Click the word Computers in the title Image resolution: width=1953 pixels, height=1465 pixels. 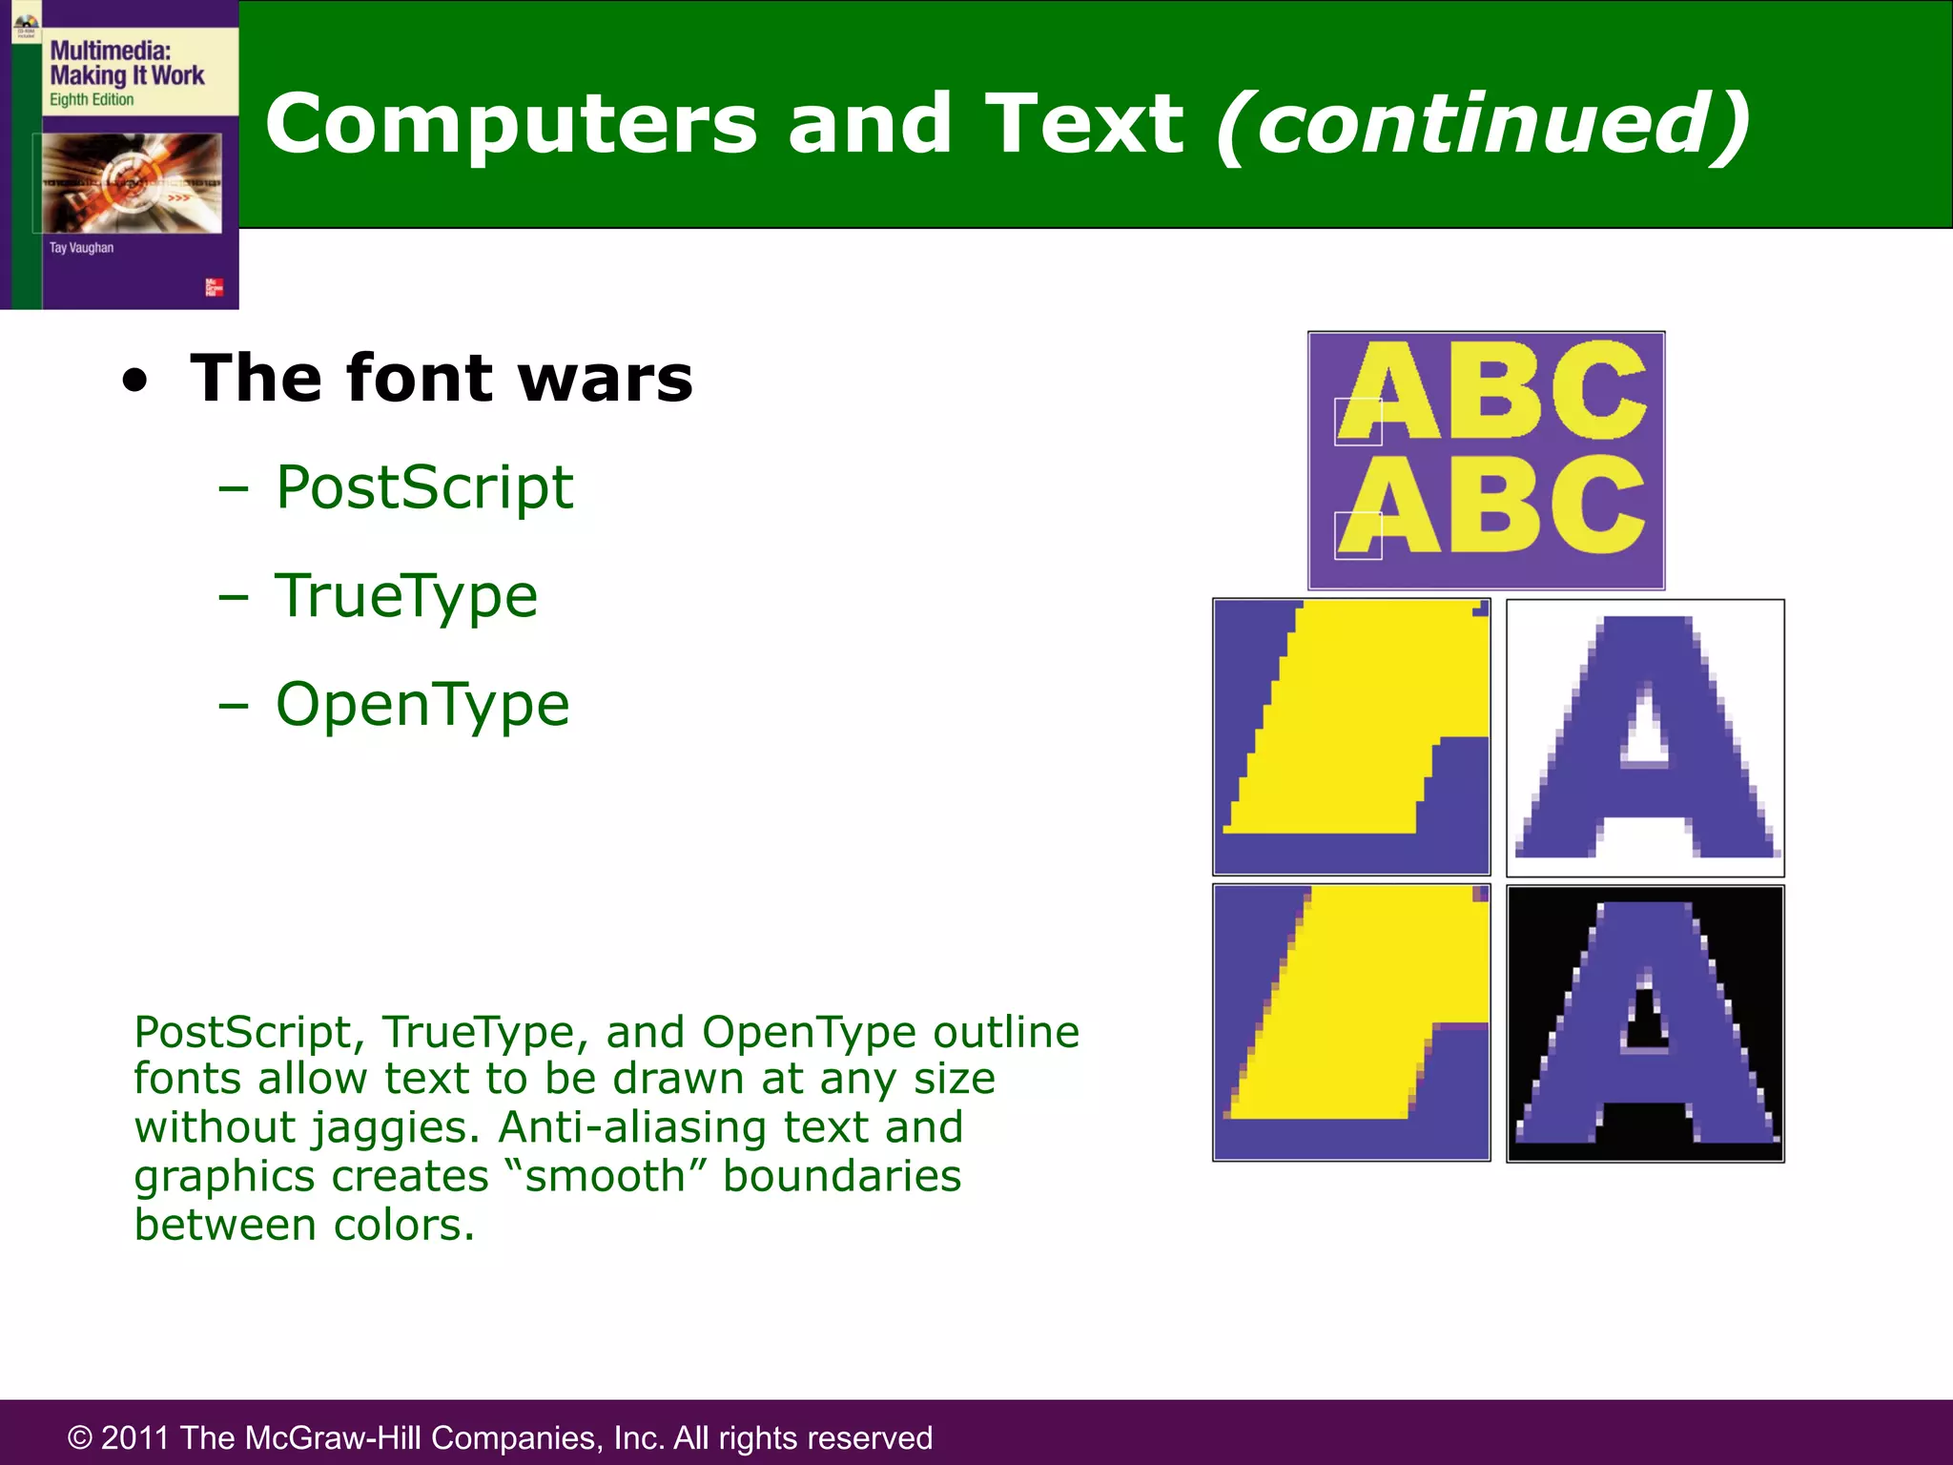pyautogui.click(x=510, y=124)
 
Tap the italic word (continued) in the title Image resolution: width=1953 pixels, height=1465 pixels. pyautogui.click(x=1483, y=124)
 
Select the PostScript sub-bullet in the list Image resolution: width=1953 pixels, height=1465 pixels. pyautogui.click(x=424, y=488)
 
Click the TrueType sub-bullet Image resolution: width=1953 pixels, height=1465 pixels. pyautogui.click(x=406, y=596)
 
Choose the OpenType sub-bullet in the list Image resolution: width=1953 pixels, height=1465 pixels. pyautogui.click(x=422, y=705)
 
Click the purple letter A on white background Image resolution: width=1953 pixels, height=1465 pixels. pyautogui.click(x=1646, y=737)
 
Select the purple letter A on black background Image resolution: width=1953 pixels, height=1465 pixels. pyautogui.click(x=1646, y=1023)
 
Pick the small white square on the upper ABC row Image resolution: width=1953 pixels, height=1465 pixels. pyautogui.click(x=1358, y=422)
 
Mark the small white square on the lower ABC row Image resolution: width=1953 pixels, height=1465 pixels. pyautogui.click(x=1358, y=535)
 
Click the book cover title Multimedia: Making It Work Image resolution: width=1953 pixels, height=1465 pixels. pyautogui.click(x=127, y=63)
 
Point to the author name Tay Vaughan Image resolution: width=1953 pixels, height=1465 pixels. pyautogui.click(x=81, y=248)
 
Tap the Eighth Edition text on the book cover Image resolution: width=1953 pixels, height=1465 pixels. pyautogui.click(x=92, y=100)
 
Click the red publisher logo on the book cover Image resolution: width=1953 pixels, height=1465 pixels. pyautogui.click(x=214, y=287)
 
